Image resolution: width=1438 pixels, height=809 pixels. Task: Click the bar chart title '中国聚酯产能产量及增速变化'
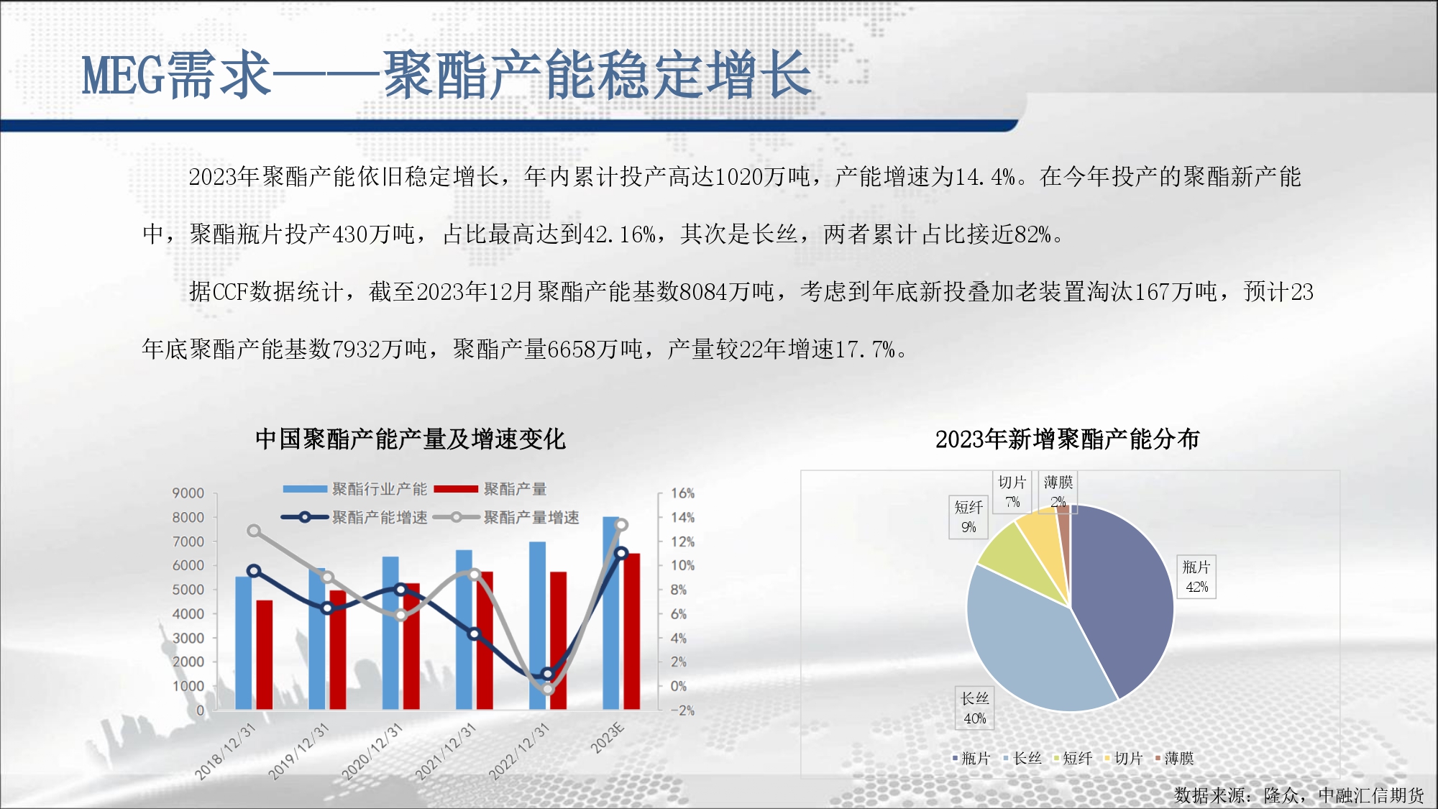tap(411, 439)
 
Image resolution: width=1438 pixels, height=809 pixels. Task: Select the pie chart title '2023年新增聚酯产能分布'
tap(1067, 439)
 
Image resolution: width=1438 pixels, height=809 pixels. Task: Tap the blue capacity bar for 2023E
tap(610, 613)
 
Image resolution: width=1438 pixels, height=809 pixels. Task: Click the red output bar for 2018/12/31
tap(265, 654)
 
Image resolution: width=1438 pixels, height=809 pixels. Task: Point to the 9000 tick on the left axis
tap(188, 493)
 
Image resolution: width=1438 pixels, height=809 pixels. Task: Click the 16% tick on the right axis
tap(682, 493)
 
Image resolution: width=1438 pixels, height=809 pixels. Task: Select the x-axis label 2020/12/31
tap(371, 751)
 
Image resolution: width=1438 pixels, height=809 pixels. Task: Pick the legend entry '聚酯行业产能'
tap(355, 489)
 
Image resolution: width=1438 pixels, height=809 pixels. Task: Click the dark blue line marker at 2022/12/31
tap(548, 674)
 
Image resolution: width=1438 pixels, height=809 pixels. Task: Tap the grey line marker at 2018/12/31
tap(253, 531)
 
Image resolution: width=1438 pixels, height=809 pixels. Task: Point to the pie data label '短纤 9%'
tap(968, 517)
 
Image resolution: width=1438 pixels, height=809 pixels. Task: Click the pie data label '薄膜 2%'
tap(1058, 491)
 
